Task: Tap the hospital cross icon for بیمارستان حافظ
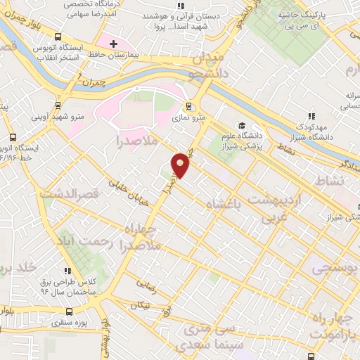[112, 44]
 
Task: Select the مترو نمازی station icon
[188, 107]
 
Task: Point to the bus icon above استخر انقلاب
[57, 37]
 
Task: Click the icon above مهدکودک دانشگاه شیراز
[310, 117]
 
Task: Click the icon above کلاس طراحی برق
[67, 271]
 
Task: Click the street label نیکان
[140, 304]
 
